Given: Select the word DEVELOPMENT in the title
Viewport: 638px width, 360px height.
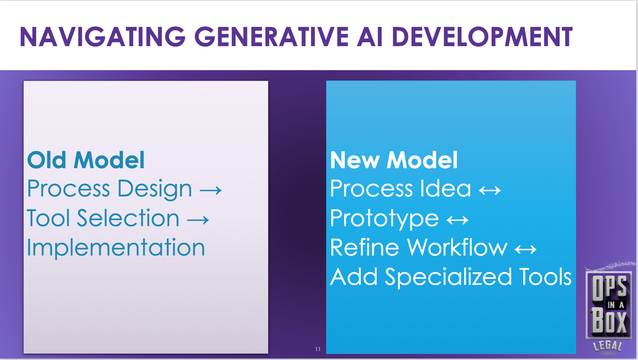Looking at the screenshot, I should coord(482,37).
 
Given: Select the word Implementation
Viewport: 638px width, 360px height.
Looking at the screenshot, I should coord(116,248).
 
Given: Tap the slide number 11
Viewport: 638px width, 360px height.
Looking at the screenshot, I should coord(318,349).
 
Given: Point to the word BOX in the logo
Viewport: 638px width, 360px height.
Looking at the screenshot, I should coord(609,321).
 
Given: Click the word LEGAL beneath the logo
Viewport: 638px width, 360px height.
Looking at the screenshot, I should coord(608,345).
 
